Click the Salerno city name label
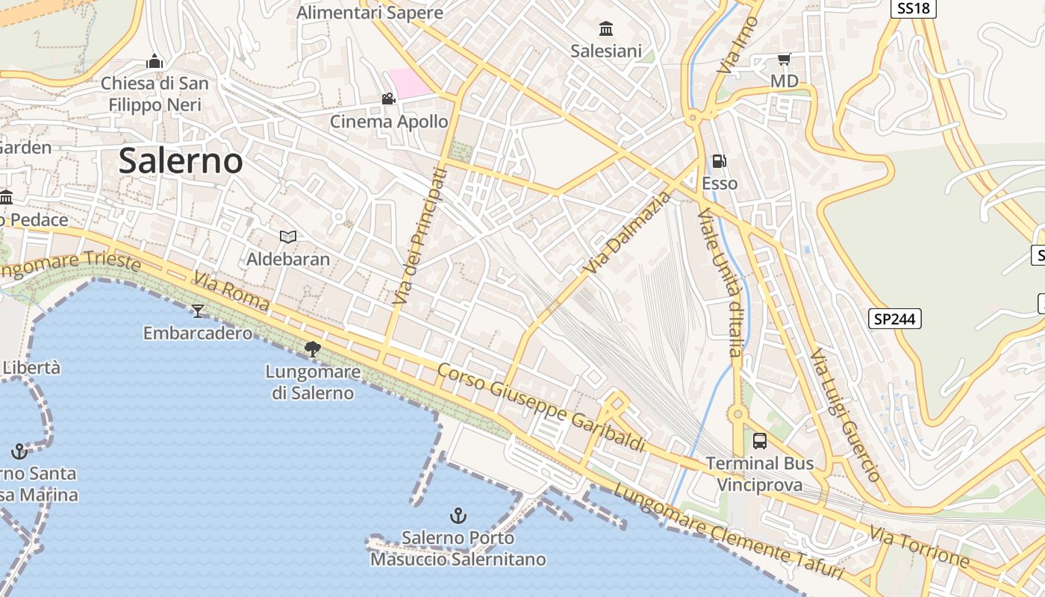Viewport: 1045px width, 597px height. tap(181, 160)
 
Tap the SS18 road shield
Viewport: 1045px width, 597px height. tap(914, 8)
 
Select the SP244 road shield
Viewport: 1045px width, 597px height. tap(895, 319)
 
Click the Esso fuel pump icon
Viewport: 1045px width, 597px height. tap(720, 160)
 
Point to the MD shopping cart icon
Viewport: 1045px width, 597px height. tap(784, 59)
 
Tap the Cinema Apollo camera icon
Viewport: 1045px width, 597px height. tap(388, 99)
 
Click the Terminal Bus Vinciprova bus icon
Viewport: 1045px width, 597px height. tap(760, 440)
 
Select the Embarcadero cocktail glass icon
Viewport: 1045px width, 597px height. tap(198, 310)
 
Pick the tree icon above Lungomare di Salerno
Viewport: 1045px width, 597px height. tap(313, 348)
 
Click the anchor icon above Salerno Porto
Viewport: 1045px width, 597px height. tap(458, 515)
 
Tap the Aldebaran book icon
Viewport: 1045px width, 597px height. tap(288, 237)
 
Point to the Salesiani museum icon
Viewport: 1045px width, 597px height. tap(606, 29)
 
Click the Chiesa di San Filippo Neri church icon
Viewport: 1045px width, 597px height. tap(155, 60)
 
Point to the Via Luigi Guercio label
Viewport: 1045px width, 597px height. tap(846, 414)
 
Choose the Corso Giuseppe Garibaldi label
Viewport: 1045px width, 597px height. tap(541, 407)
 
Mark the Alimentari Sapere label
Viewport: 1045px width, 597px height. tap(369, 13)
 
